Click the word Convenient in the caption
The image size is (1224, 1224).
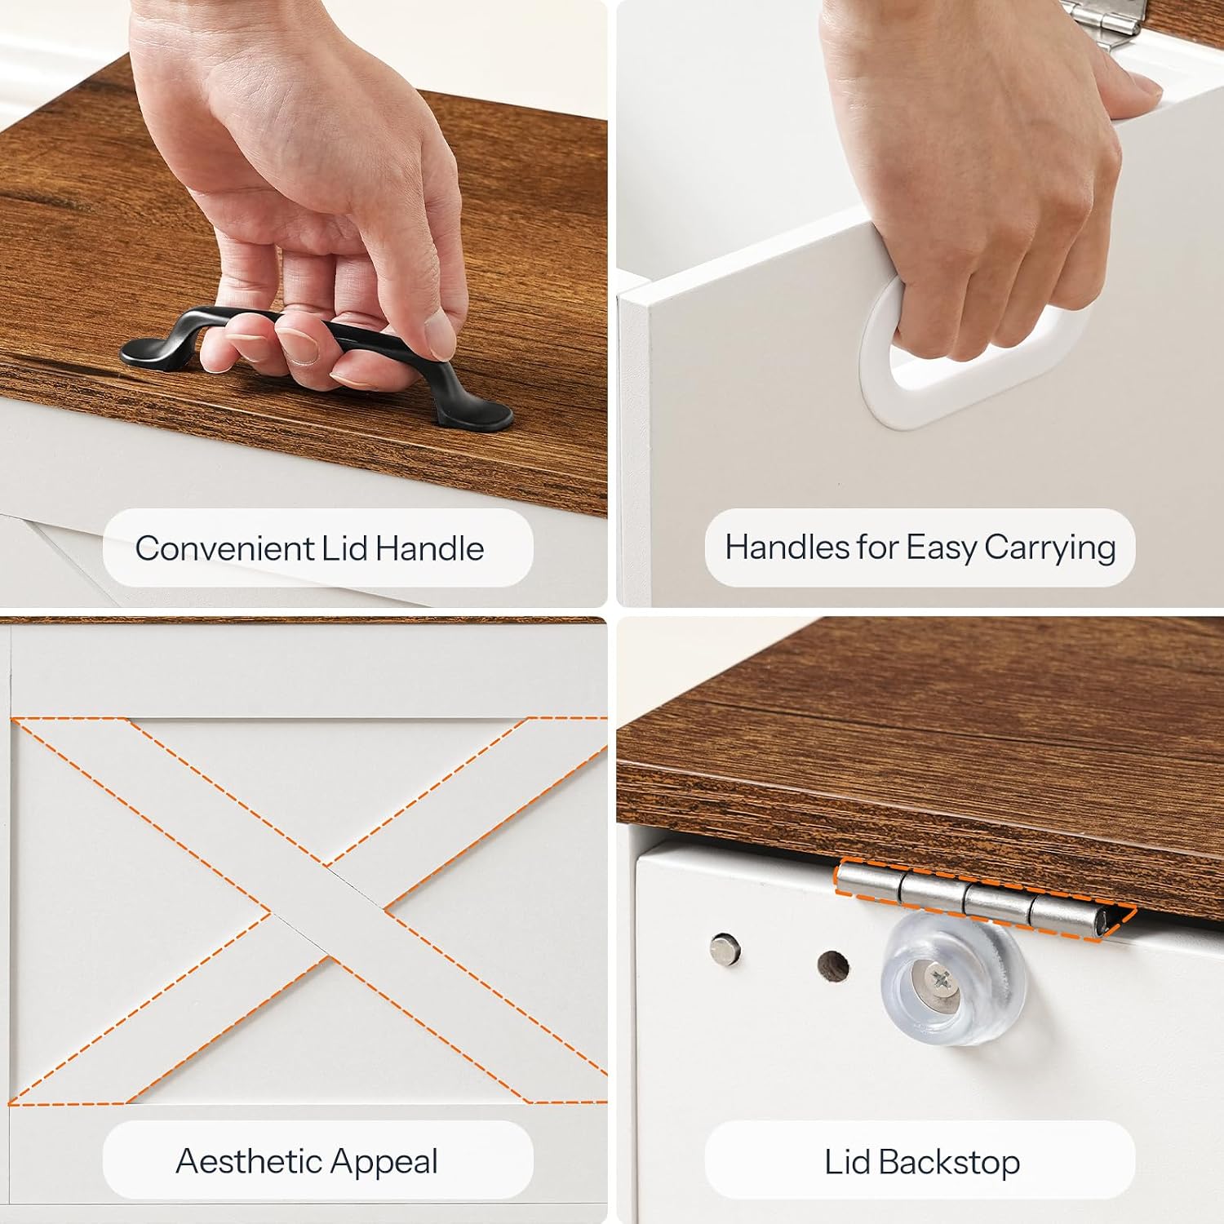pos(224,548)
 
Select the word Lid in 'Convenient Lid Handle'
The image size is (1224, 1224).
pos(344,548)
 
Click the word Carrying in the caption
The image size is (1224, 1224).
pos(1049,548)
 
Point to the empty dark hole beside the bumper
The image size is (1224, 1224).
pos(832,966)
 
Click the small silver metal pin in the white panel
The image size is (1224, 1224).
pos(722,948)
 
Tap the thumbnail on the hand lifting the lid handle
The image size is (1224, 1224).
pos(441,335)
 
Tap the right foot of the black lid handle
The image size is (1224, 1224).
pos(477,416)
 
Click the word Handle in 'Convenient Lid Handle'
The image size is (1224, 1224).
pos(430,548)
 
